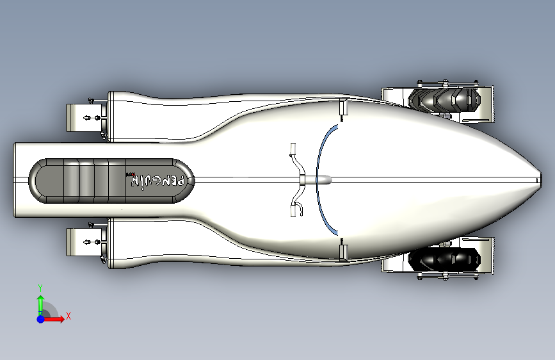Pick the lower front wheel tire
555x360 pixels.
tap(444, 259)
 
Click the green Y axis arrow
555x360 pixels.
tap(40, 301)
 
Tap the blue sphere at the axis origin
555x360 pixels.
tap(40, 318)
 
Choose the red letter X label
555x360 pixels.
tap(68, 316)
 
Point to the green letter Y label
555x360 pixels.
tap(40, 287)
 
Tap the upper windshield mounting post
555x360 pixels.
tap(342, 110)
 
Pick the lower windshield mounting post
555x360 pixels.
tap(342, 249)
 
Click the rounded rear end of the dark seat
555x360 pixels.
tap(40, 180)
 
